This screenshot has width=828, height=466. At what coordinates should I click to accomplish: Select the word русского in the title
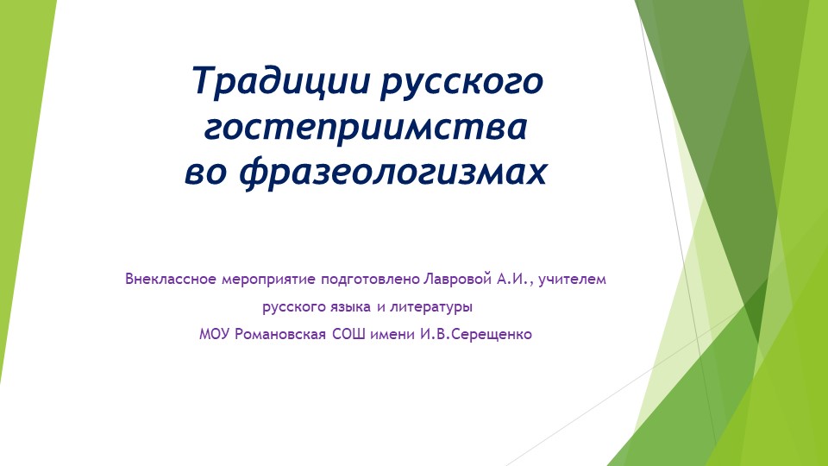coord(462,83)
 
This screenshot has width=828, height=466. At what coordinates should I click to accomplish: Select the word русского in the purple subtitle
coord(291,306)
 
